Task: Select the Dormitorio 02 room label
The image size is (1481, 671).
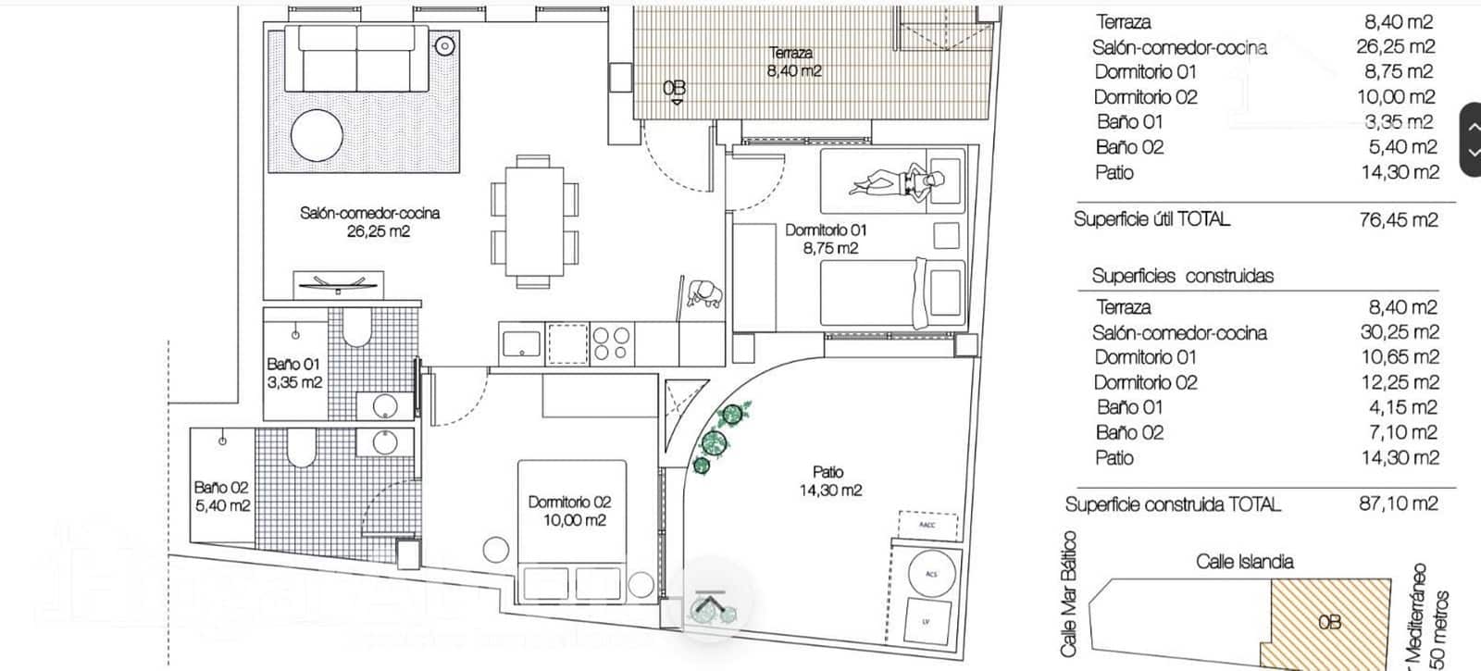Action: (x=569, y=511)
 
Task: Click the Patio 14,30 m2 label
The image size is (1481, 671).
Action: (x=829, y=481)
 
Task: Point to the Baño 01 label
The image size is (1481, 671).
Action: (x=293, y=372)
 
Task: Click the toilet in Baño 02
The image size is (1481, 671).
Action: (x=302, y=448)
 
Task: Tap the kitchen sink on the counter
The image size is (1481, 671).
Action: (x=521, y=344)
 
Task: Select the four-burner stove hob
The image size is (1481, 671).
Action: (x=613, y=344)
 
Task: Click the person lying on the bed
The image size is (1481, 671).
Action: (x=893, y=180)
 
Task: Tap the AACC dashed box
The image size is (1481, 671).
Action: (x=927, y=524)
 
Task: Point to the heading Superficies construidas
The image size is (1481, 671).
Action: (x=1182, y=276)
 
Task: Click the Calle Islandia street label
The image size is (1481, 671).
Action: (x=1244, y=561)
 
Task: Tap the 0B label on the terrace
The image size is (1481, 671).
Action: (x=675, y=88)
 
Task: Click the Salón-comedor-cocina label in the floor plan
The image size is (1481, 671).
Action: (x=369, y=221)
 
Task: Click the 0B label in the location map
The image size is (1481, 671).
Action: (x=1329, y=622)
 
